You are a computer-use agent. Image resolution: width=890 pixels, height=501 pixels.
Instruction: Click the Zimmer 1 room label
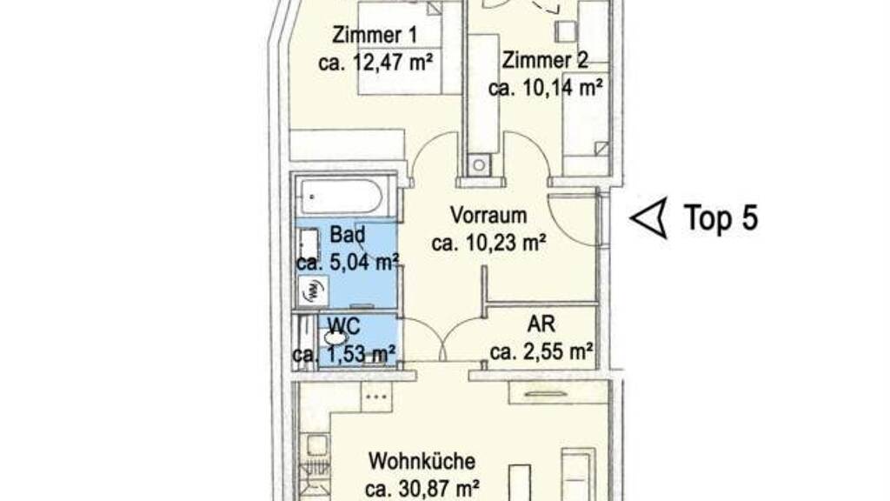click(x=375, y=35)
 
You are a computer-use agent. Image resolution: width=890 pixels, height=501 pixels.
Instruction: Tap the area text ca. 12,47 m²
click(x=375, y=62)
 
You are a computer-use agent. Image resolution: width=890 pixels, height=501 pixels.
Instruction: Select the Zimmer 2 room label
click(x=545, y=60)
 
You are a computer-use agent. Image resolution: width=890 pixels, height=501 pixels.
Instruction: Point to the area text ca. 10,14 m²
click(x=545, y=88)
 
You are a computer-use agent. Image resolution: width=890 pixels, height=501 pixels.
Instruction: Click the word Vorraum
click(x=488, y=216)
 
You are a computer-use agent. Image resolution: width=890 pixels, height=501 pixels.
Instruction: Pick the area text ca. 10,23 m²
click(x=488, y=244)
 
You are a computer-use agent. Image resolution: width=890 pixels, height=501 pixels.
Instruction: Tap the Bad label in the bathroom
click(x=348, y=234)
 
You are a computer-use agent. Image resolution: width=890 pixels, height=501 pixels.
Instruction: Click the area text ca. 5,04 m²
click(x=348, y=263)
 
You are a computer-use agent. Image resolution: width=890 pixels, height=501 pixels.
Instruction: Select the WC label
click(x=344, y=327)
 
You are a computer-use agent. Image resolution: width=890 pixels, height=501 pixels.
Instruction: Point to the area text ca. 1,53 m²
click(x=344, y=355)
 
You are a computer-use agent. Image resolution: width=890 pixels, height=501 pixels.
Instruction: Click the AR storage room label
click(x=541, y=324)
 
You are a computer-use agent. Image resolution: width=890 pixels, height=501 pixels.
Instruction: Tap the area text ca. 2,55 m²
click(x=541, y=352)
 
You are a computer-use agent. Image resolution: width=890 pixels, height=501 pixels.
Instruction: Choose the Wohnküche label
click(x=422, y=461)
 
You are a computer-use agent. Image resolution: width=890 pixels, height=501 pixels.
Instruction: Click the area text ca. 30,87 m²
click(x=422, y=489)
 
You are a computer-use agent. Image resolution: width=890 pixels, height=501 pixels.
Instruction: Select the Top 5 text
click(x=721, y=217)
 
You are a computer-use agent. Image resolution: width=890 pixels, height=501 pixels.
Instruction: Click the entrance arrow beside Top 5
click(x=650, y=218)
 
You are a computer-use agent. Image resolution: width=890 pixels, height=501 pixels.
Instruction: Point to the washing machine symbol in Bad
click(x=312, y=292)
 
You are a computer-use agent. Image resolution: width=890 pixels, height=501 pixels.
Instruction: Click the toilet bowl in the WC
click(x=335, y=338)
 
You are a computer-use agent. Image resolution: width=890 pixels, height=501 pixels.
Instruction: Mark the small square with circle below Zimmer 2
click(x=480, y=165)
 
